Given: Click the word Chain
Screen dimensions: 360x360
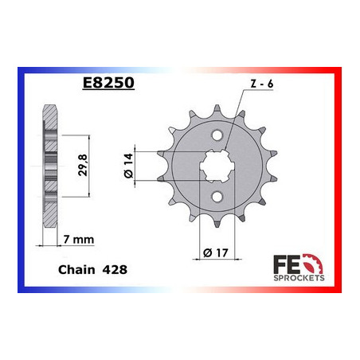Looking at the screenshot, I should (76, 271).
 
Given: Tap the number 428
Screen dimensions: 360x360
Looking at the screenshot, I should (113, 271).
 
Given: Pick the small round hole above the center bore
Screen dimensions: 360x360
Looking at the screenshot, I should (213, 134).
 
